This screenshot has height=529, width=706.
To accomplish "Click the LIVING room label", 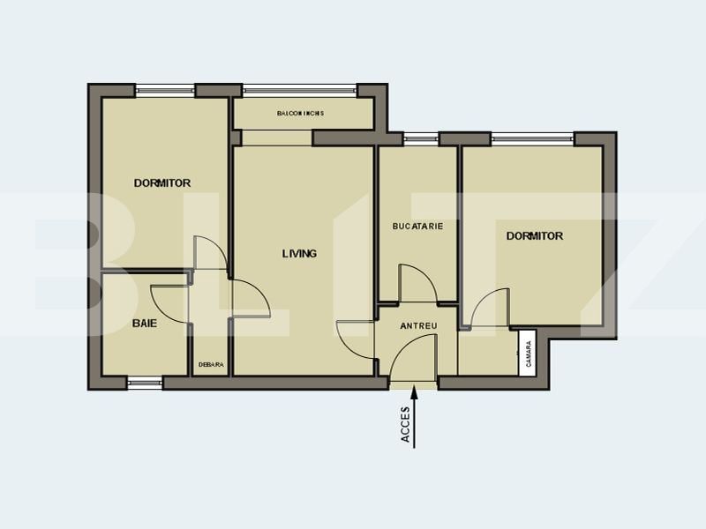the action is [x=299, y=254].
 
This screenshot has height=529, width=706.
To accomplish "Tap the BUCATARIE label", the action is [x=417, y=227].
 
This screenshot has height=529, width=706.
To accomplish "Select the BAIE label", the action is [x=145, y=323].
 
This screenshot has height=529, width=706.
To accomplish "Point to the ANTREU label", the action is [x=418, y=325].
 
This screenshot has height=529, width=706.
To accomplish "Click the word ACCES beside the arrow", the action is [x=406, y=425].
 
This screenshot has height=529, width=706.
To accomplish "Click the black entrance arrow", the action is [x=414, y=417].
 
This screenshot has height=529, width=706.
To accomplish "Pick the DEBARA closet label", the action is [x=211, y=365].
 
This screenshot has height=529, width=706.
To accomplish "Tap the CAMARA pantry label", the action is [x=529, y=354].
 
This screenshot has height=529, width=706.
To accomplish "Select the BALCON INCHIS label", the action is [x=300, y=114].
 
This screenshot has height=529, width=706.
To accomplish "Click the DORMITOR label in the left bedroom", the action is [x=162, y=183].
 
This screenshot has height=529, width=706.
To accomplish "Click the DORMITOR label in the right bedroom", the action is [x=535, y=236].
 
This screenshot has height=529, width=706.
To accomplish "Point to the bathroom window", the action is [x=145, y=384].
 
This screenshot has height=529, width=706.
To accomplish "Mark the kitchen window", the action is [x=421, y=139].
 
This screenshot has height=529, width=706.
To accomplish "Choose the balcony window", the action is [x=300, y=91].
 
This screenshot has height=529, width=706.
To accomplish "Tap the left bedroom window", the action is [x=165, y=91].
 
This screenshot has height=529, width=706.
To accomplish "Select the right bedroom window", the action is [x=533, y=139].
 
